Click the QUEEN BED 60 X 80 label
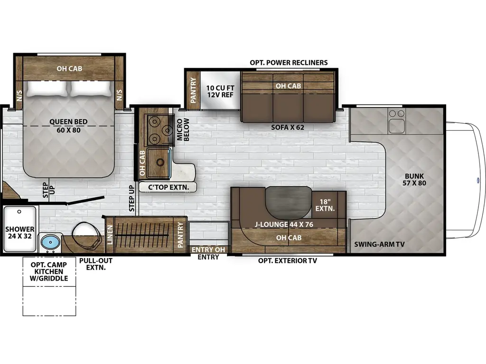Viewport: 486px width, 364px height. click(x=68, y=126)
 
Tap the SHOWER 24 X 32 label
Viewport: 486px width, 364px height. click(x=20, y=232)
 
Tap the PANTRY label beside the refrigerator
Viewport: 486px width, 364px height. click(x=193, y=90)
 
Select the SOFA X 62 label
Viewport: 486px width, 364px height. click(x=288, y=127)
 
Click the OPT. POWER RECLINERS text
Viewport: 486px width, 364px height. click(x=289, y=63)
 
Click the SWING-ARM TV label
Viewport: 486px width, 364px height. click(x=379, y=245)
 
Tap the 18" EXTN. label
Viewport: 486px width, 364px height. click(x=325, y=204)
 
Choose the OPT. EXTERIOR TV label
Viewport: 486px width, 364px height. click(x=288, y=260)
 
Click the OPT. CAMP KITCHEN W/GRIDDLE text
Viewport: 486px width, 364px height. click(x=49, y=271)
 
